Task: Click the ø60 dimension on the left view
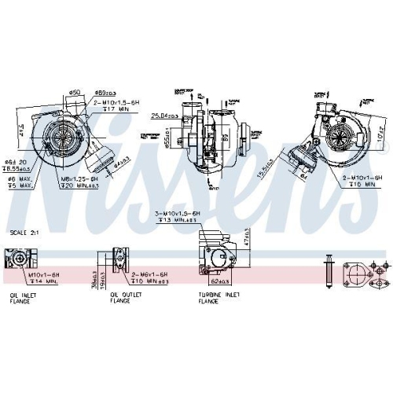pos(75,92)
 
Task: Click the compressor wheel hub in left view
pos(61,134)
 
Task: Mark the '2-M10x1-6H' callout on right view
pos(362,178)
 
